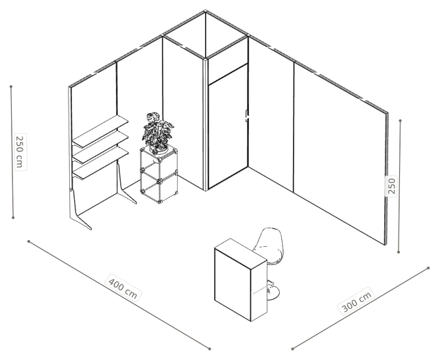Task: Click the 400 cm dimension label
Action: (x=123, y=288)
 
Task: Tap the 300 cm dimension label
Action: (x=357, y=301)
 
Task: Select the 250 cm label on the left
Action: (x=21, y=152)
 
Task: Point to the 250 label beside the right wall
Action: (x=391, y=186)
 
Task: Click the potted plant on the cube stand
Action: (x=158, y=133)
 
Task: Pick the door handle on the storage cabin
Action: (x=247, y=116)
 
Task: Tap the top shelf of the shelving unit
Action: (x=100, y=131)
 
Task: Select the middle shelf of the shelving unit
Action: (x=101, y=147)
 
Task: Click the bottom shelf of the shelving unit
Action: (x=101, y=163)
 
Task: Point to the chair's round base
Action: (x=272, y=292)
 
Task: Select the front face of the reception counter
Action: (x=233, y=280)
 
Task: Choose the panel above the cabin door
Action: (x=228, y=67)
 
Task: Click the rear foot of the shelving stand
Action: (x=125, y=184)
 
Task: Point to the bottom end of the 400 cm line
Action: (x=209, y=348)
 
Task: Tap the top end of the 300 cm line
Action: (x=428, y=268)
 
